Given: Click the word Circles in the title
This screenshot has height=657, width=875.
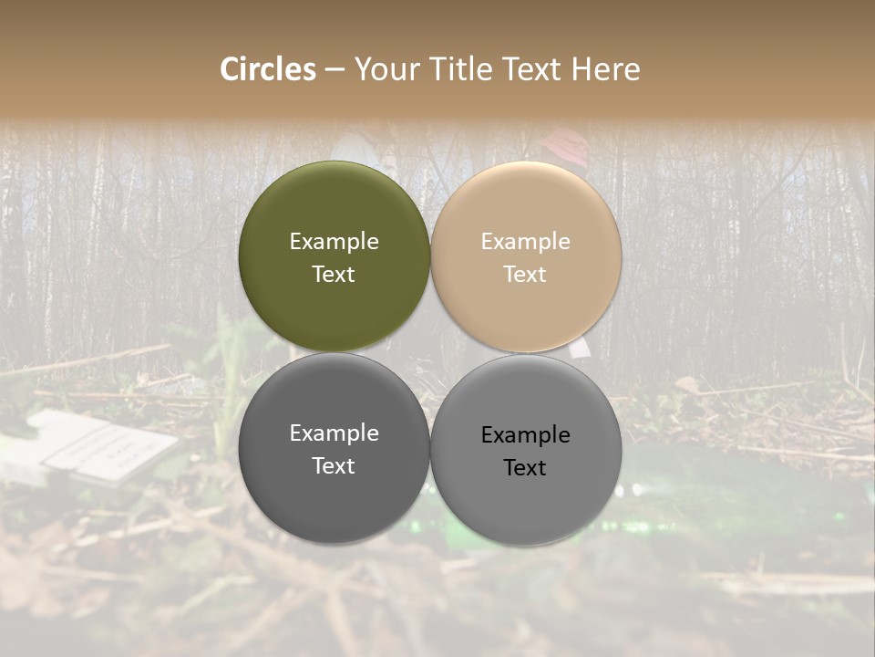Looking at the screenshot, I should pos(268,69).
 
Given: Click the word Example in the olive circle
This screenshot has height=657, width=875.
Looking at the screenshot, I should pos(334,242).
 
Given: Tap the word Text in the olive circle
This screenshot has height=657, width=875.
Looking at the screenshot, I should pos(334,275).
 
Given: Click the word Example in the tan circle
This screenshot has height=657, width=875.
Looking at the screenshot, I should pos(525,242).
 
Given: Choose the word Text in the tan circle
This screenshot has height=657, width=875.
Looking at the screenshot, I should pos(525,275).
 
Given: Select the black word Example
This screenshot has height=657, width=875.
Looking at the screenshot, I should pos(525,435).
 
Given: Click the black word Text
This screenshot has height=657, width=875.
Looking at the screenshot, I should pos(525,468).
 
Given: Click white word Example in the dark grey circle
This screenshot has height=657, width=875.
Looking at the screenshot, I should pos(334,433).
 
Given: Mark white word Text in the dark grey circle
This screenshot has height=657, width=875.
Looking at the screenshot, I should pos(334,466).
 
